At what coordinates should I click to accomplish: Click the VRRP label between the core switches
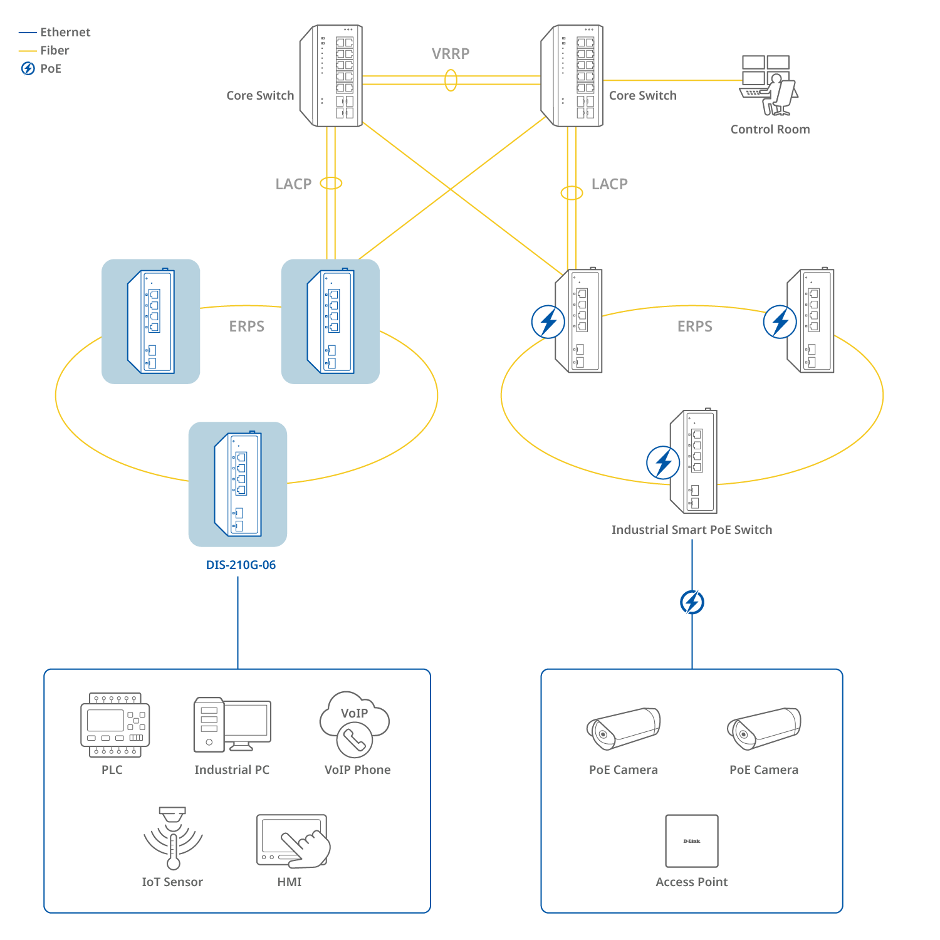tap(451, 54)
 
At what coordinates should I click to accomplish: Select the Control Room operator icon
tap(769, 86)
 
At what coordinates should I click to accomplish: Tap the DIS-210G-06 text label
tap(241, 565)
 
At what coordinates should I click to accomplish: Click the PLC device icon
tap(115, 725)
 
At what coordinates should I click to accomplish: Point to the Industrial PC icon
tap(232, 724)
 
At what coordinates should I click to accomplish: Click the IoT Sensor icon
tap(173, 838)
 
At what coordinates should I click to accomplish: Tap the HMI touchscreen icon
tap(293, 841)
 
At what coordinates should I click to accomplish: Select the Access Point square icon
tap(692, 841)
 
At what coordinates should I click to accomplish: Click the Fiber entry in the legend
tap(55, 50)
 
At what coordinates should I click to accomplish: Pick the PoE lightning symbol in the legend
tap(28, 68)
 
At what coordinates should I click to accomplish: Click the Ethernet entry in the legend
tap(65, 32)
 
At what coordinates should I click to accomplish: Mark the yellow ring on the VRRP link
tap(451, 80)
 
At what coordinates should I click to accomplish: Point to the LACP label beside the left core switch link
tap(293, 184)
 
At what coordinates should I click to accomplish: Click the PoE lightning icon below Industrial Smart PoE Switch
tap(692, 602)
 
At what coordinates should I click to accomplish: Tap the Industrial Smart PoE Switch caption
tap(692, 530)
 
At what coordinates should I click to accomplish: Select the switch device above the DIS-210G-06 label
tap(238, 484)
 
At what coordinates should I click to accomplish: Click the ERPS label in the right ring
tap(694, 326)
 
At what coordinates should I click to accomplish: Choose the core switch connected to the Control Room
tap(572, 76)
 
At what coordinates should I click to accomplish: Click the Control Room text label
tap(770, 129)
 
